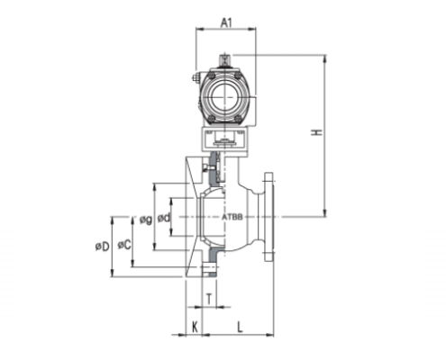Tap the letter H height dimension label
pos(315,133)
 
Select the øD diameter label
pos(103,244)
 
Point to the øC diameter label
pos(125,244)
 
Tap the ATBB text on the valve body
pos(232,218)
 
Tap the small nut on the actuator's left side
pos(195,78)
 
